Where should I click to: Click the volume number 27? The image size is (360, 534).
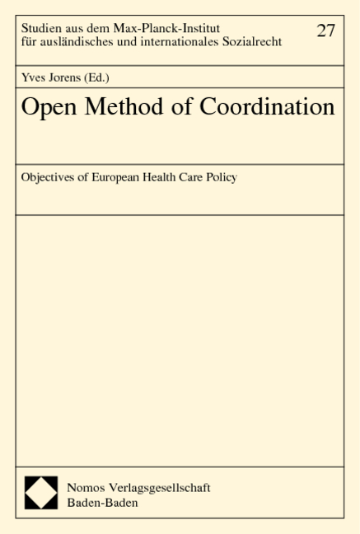click(326, 30)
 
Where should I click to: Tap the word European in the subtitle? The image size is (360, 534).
click(116, 178)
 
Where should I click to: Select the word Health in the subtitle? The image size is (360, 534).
click(164, 178)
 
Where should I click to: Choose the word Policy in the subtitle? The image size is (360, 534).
click(220, 178)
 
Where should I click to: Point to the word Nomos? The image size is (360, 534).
click(83, 487)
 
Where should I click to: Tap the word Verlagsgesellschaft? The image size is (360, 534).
click(157, 487)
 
